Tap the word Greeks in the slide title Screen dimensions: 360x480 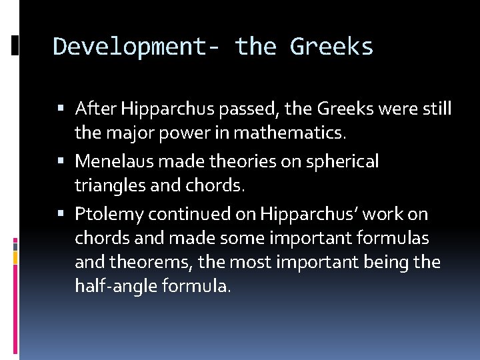tap(332, 47)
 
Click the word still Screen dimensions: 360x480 tap(437, 108)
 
